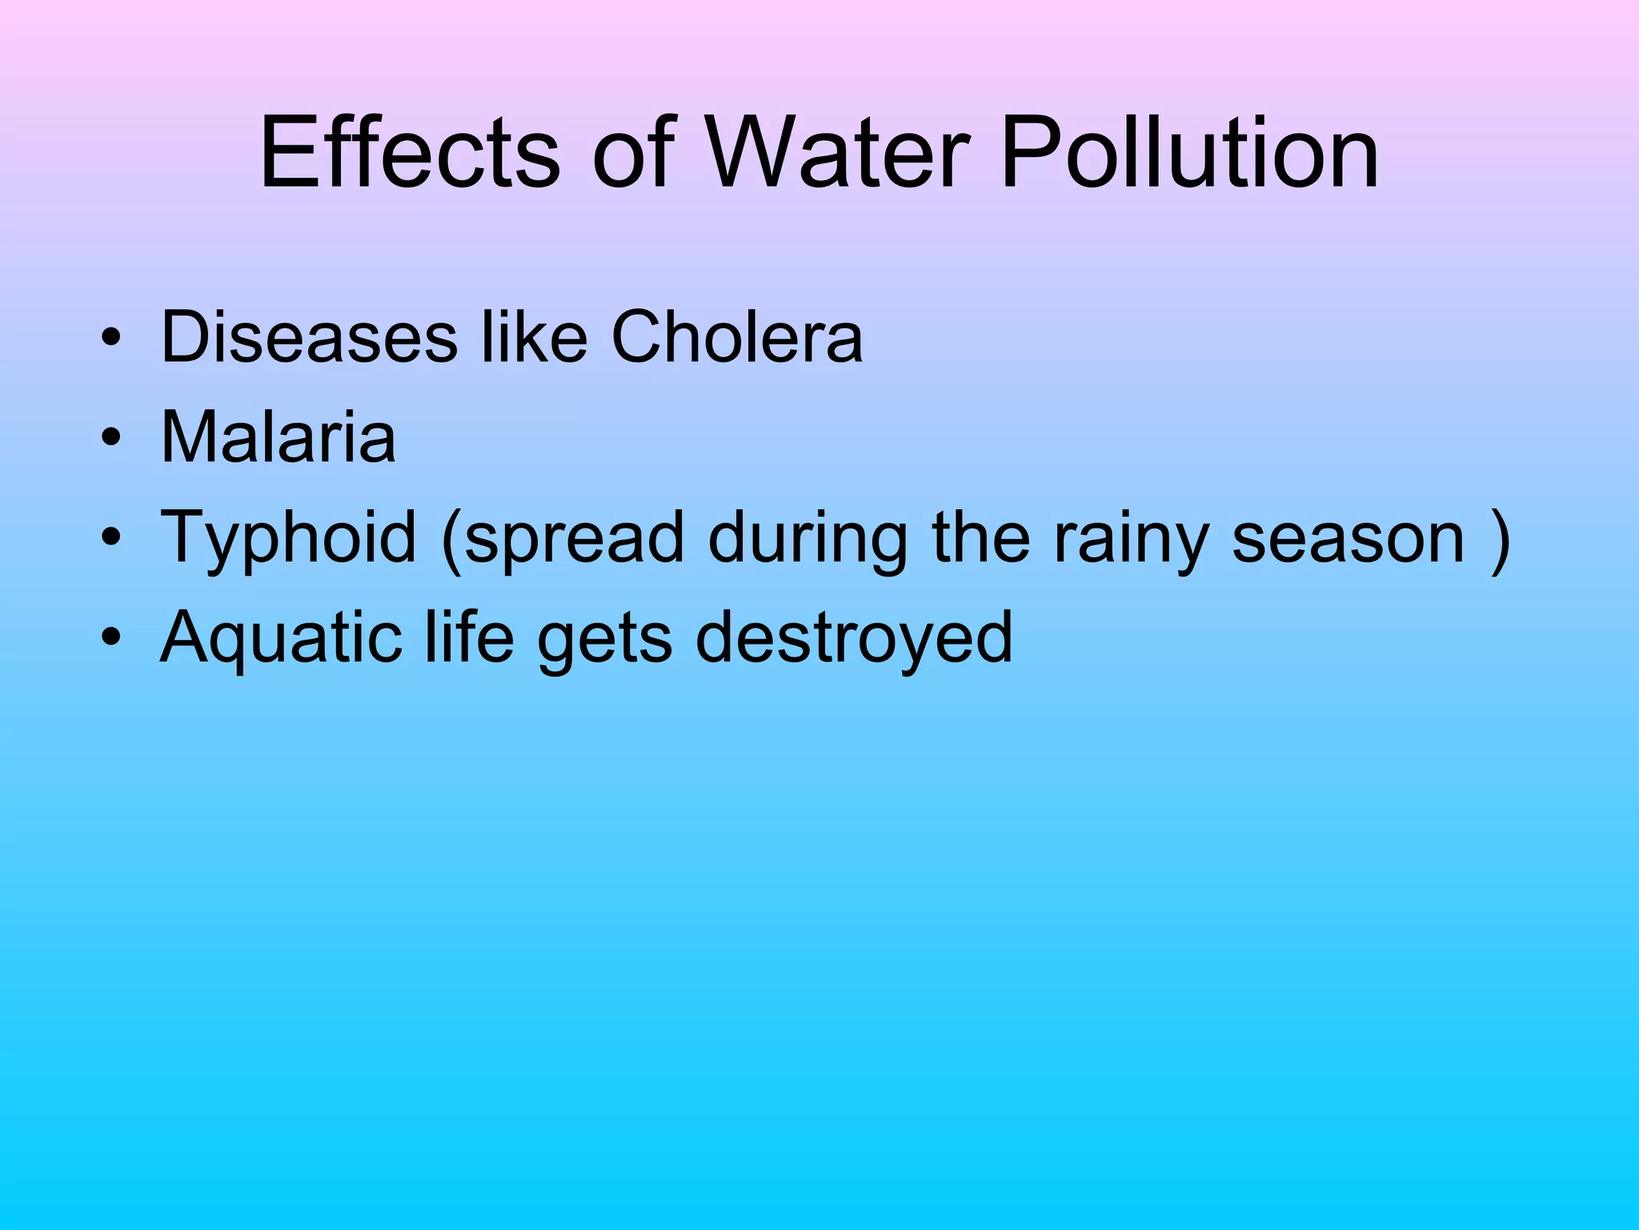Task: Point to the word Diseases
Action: click(309, 337)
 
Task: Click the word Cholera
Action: click(737, 337)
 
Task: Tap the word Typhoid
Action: click(289, 538)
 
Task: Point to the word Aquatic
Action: click(280, 639)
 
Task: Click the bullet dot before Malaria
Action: click(111, 439)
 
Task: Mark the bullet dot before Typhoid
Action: click(111, 538)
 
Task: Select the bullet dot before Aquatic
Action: click(111, 638)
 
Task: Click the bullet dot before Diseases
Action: click(111, 338)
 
